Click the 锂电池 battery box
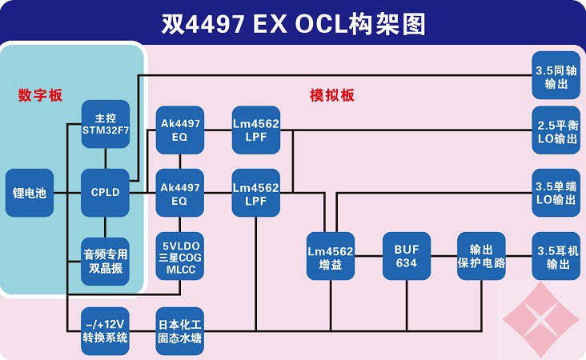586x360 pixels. tap(30, 193)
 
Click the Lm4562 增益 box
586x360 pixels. tap(331, 256)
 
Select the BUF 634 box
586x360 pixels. tap(407, 256)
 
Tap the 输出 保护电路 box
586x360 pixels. tap(481, 256)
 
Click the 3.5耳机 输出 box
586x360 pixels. tap(556, 256)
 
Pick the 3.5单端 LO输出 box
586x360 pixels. tap(556, 193)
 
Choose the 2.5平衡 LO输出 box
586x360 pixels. tap(556, 130)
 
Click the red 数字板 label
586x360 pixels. tap(40, 95)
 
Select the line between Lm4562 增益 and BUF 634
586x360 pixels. tap(368, 256)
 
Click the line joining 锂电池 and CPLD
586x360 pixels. tap(67, 193)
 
